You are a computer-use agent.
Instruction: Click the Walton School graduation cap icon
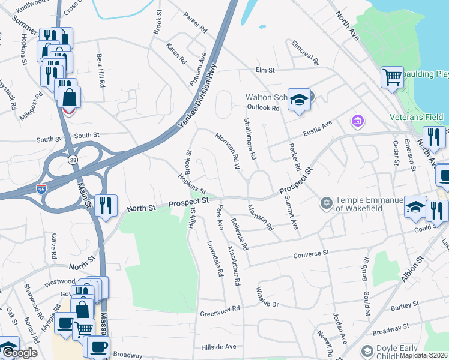299,100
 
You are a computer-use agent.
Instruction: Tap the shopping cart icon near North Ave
391,76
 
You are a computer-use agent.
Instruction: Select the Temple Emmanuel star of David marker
327,203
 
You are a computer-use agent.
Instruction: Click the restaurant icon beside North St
106,205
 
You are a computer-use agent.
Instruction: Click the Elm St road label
265,70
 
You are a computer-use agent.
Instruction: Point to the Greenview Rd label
220,313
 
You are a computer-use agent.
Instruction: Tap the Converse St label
312,256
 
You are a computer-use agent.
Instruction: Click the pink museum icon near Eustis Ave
358,122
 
